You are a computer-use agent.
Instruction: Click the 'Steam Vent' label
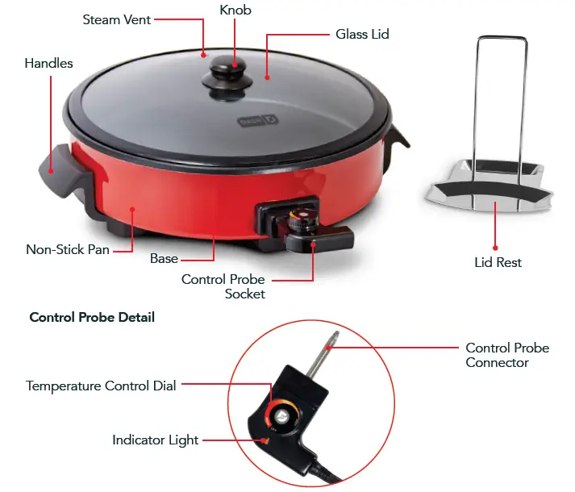click(x=117, y=19)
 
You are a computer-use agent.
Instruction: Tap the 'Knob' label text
click(x=235, y=10)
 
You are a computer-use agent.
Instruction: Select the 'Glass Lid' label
click(x=362, y=35)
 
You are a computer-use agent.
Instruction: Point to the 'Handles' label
click(x=48, y=63)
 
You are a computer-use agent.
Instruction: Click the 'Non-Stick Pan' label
click(x=68, y=249)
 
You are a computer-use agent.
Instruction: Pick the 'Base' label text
click(x=164, y=259)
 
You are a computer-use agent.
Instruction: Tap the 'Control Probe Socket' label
click(x=223, y=286)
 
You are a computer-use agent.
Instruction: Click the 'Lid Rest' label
click(x=498, y=263)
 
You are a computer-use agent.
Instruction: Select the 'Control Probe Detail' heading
click(x=92, y=317)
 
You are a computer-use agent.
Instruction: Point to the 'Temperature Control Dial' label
click(x=101, y=386)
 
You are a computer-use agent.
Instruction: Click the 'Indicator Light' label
click(x=156, y=440)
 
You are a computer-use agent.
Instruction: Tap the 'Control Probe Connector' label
click(x=507, y=356)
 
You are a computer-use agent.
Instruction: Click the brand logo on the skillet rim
click(x=248, y=123)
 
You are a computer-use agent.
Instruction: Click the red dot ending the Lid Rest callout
click(x=496, y=248)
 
